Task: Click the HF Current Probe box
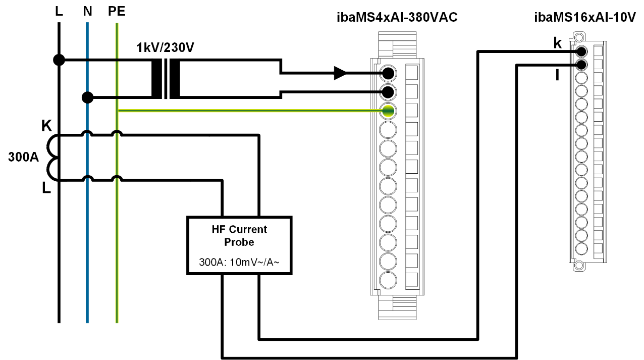[239, 245]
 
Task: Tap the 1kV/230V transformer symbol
[166, 79]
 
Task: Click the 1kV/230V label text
[166, 49]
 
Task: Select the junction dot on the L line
[59, 60]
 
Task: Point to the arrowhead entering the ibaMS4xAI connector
[340, 74]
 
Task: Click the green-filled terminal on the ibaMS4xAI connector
[388, 111]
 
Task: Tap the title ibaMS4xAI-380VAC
[397, 19]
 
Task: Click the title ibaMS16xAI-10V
[584, 19]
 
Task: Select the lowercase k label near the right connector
[557, 43]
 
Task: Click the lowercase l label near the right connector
[557, 76]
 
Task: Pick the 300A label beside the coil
[24, 157]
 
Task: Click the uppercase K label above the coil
[46, 126]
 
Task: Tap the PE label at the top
[117, 11]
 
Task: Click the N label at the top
[87, 11]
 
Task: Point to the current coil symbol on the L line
[52, 157]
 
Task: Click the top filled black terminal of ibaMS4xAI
[388, 74]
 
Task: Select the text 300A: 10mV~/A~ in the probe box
[239, 263]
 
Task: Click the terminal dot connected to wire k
[581, 52]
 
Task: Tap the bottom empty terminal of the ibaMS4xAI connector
[388, 280]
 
